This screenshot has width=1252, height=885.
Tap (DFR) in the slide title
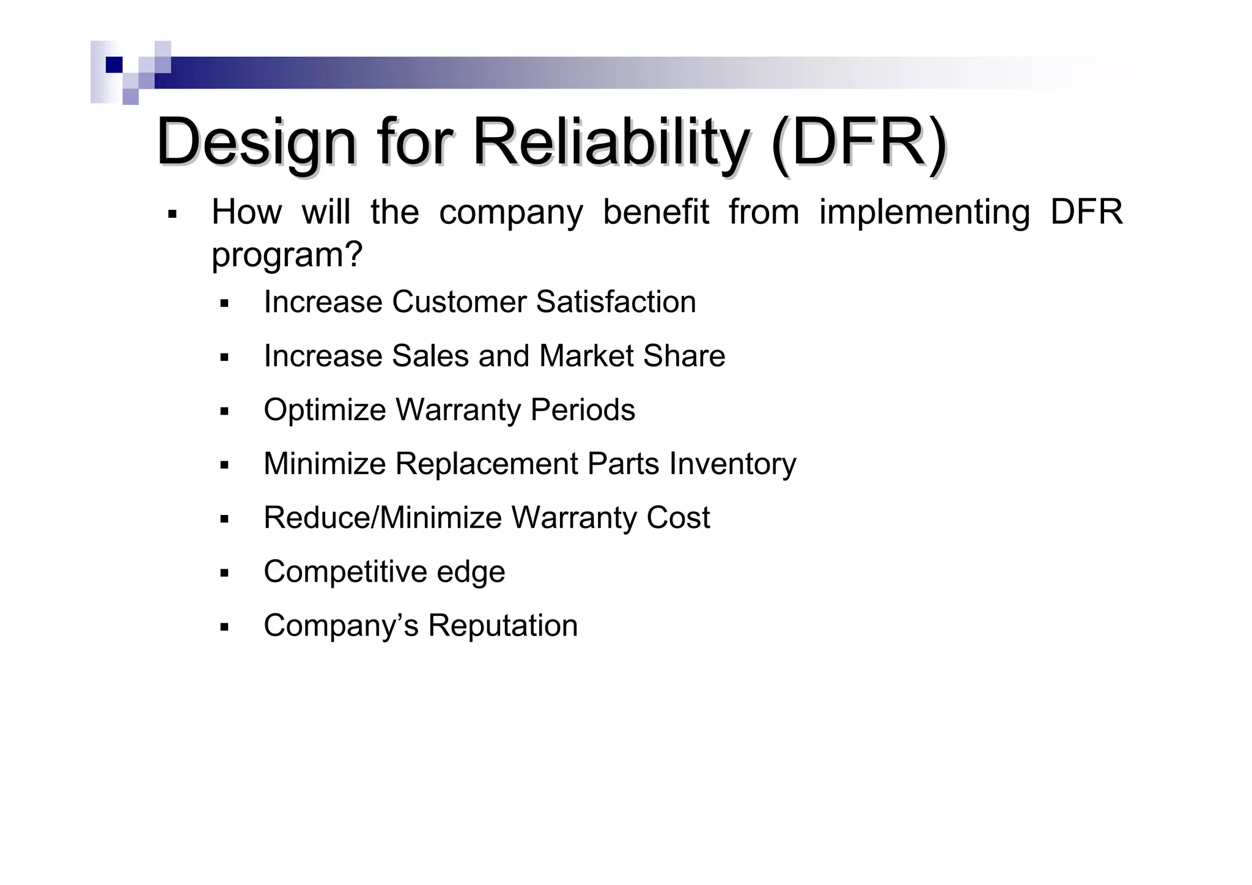tap(858, 143)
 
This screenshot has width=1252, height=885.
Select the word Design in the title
tap(256, 143)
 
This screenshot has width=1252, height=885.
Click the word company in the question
tap(510, 213)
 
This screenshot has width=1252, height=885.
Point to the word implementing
tap(924, 213)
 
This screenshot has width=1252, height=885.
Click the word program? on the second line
tap(287, 254)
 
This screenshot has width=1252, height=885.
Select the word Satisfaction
tap(616, 302)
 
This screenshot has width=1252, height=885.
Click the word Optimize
tap(326, 410)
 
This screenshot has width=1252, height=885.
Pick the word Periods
tap(583, 409)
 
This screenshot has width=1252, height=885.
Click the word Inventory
tap(732, 464)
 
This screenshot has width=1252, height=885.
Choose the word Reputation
tap(503, 625)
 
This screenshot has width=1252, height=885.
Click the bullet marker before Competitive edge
tap(224, 573)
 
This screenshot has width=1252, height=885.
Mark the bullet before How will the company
tap(172, 215)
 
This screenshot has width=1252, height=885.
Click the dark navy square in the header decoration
tap(114, 65)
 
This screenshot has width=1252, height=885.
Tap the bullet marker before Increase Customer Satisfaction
tap(224, 303)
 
